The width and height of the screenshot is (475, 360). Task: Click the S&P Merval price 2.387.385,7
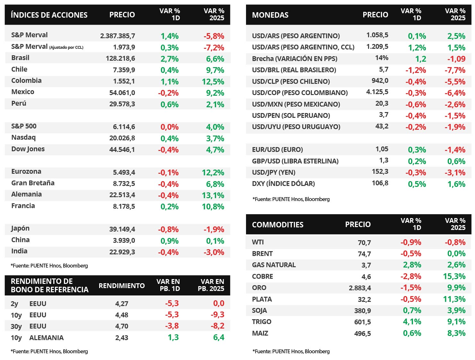tap(118, 36)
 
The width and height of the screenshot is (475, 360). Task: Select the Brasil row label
tap(20, 58)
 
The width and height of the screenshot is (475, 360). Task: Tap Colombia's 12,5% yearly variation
tap(213, 82)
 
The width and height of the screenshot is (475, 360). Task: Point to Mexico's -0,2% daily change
tap(168, 93)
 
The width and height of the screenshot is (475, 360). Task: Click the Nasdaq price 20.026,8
tap(122, 138)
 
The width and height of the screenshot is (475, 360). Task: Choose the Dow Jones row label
tap(28, 149)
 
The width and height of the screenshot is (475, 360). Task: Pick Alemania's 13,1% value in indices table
tap(213, 195)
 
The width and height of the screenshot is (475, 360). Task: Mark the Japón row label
tap(20, 228)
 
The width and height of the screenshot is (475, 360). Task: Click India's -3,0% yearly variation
tap(214, 252)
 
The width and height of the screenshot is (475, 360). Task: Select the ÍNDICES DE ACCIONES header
tap(49, 15)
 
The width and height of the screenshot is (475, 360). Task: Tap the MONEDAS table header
tap(270, 15)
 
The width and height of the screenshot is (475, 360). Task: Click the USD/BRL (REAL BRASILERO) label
tap(294, 70)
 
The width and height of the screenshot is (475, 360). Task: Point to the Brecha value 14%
tap(382, 58)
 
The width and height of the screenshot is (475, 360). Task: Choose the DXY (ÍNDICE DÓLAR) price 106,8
tap(380, 183)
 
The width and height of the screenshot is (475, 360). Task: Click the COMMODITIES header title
tap(277, 224)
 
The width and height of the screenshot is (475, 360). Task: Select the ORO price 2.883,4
tap(360, 288)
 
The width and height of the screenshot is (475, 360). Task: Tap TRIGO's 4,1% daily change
tap(412, 322)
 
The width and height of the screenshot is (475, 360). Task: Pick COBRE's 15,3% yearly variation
tap(454, 276)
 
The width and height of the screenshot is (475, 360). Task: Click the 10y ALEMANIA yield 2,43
tap(122, 338)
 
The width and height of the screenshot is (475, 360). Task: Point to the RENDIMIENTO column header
tap(122, 285)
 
